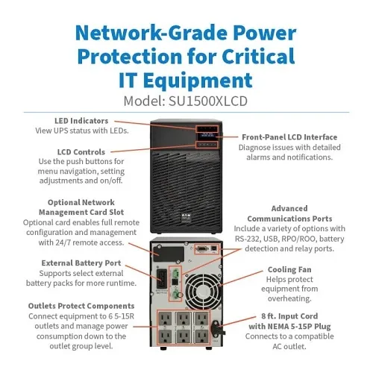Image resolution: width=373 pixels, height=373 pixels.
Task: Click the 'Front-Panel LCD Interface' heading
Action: click(x=289, y=137)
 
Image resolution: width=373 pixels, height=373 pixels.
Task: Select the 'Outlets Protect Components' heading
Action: click(x=82, y=305)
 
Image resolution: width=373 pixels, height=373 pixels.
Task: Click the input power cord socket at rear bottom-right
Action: click(x=216, y=327)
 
